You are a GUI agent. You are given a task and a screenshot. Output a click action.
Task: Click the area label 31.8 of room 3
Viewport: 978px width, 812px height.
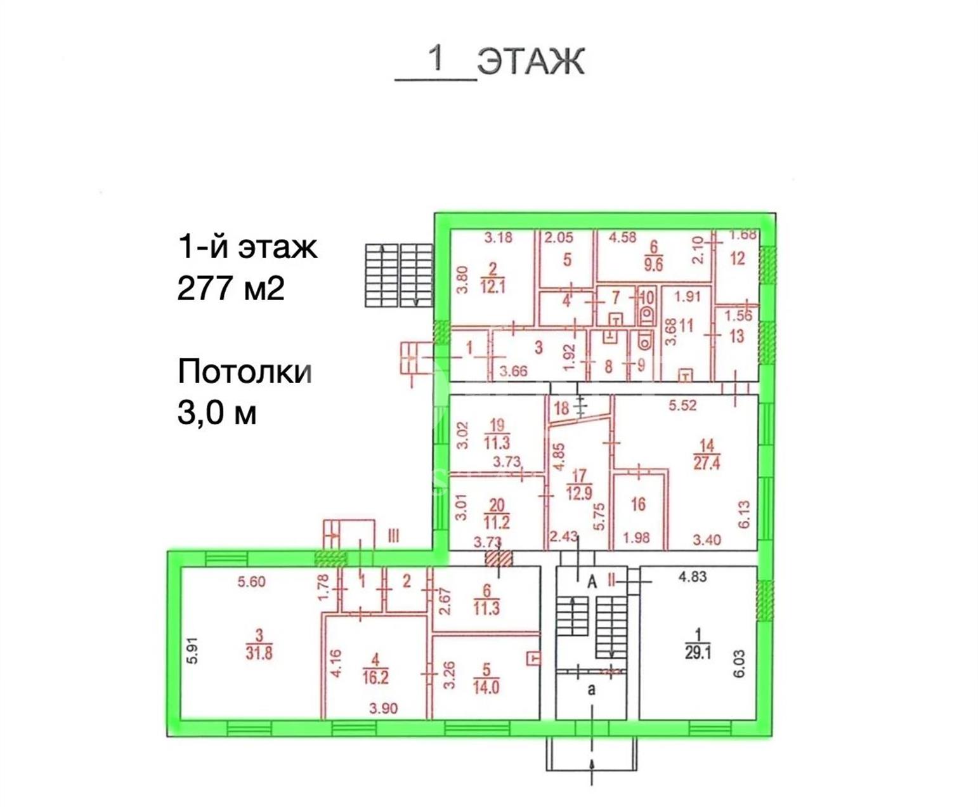[x=259, y=653]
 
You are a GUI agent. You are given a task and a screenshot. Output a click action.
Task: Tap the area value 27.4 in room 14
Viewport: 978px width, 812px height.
[x=707, y=463]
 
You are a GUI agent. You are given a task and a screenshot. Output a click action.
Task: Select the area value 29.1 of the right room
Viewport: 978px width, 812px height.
[x=698, y=653]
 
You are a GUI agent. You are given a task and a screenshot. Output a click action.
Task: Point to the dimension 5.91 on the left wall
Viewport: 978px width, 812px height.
[x=193, y=650]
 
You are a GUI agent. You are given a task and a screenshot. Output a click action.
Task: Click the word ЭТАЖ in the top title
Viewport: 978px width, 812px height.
[x=531, y=62]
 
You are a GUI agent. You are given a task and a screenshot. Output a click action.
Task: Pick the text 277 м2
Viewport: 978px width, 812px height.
[x=231, y=288]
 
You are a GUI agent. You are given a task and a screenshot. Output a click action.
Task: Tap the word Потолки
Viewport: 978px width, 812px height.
[x=245, y=372]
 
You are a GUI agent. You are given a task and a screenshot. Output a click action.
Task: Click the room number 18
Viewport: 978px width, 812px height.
[x=561, y=408]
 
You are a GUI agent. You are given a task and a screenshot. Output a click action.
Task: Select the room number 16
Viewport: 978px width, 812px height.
[x=639, y=504]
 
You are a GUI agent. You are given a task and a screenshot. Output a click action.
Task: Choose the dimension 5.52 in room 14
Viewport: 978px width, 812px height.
[x=682, y=405]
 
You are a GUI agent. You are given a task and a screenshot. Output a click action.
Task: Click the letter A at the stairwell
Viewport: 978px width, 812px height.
[x=592, y=582]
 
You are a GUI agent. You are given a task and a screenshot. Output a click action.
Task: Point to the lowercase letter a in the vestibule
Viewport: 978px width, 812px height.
[x=592, y=690]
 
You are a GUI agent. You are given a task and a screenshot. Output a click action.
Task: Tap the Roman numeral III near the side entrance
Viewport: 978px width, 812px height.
[x=393, y=535]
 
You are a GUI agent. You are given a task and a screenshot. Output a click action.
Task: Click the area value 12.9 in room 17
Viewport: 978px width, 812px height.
[x=580, y=494]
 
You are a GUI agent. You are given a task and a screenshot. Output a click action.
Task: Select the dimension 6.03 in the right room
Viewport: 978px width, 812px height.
[x=739, y=664]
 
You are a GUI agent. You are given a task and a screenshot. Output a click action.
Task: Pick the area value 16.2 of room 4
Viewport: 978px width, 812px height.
[x=375, y=678]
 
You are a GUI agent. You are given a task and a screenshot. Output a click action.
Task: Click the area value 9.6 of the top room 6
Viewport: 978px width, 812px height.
[x=653, y=265]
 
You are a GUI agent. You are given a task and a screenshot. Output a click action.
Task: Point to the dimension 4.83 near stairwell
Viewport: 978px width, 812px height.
[x=693, y=576]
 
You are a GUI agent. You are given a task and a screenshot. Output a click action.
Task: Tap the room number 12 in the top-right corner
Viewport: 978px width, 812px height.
[x=738, y=258]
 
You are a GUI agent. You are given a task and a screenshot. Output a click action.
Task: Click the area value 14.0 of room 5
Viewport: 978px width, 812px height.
[x=486, y=687]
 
